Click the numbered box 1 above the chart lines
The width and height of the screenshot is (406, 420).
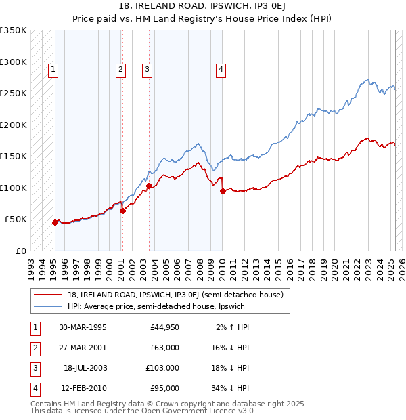click(x=53, y=68)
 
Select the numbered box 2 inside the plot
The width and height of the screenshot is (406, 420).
click(x=120, y=68)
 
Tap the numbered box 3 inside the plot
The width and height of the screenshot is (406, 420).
click(x=147, y=68)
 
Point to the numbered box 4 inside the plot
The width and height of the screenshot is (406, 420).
click(x=221, y=68)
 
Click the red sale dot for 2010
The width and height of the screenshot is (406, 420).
click(x=223, y=191)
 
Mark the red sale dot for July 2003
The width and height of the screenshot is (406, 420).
click(x=148, y=186)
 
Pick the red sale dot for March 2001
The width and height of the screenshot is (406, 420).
click(x=122, y=211)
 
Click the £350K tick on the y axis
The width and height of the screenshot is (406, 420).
click(x=14, y=30)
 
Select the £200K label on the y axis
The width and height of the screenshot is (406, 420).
click(x=14, y=125)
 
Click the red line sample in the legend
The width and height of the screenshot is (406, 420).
click(x=48, y=295)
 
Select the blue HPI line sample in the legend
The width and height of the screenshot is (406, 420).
click(x=48, y=306)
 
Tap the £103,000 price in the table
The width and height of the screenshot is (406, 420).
click(x=163, y=368)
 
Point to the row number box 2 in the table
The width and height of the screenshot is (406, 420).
click(x=34, y=348)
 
